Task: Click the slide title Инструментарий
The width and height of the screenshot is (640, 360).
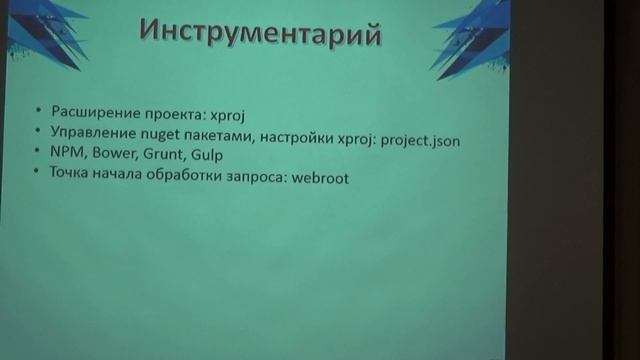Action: [260, 32]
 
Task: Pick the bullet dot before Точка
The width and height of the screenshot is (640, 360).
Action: [36, 173]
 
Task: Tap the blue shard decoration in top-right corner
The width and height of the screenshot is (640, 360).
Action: [470, 30]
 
